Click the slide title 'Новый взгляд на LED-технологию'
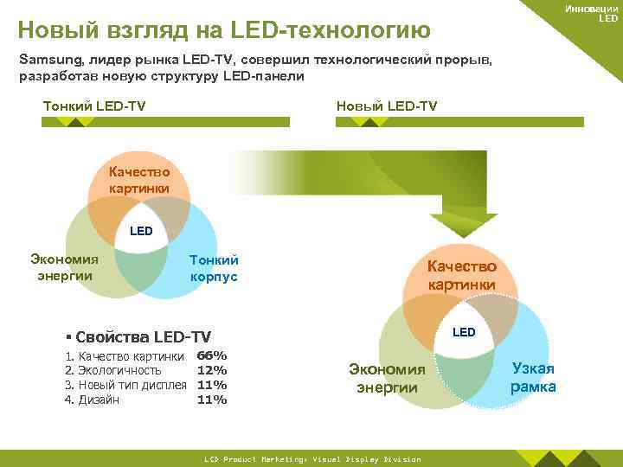224,30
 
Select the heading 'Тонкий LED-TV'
94,106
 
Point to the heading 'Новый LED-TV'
386,106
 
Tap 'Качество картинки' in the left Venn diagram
139,182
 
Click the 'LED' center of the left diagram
140,231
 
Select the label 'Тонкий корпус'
214,269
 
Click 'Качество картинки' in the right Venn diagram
461,276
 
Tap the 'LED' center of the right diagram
464,332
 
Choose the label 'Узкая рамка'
533,378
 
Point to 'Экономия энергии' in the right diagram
387,379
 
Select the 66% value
212,355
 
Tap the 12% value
212,370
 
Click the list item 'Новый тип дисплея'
132,385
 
